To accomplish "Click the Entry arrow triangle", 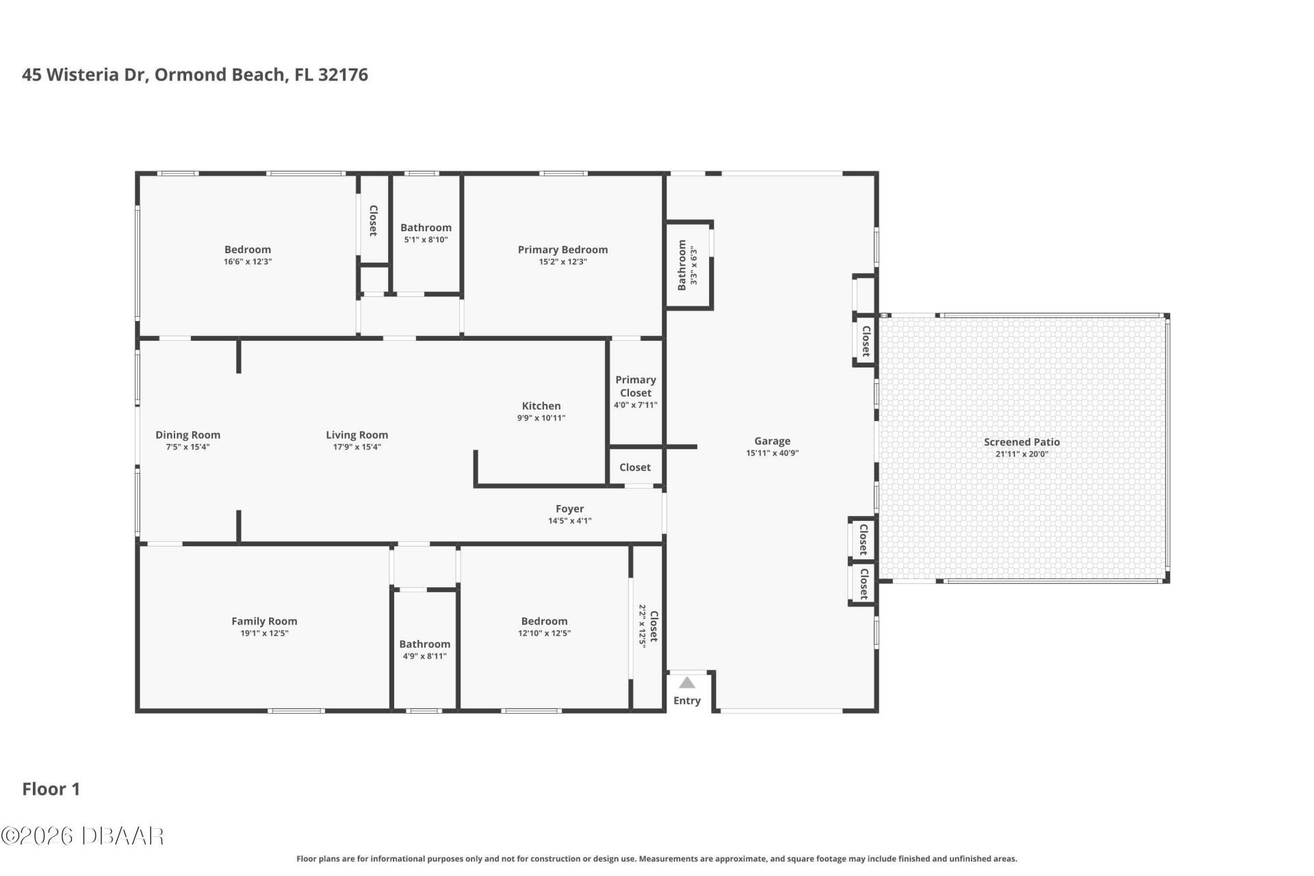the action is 687,682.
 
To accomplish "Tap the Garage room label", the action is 772,441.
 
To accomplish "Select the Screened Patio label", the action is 1022,442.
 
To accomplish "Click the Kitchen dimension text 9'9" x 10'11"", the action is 541,418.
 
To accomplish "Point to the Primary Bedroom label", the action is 563,250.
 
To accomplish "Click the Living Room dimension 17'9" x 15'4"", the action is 357,447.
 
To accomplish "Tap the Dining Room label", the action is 188,435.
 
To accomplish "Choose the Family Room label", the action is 264,621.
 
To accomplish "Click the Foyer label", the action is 569,509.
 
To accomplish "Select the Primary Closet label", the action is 636,386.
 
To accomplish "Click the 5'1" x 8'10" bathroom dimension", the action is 426,240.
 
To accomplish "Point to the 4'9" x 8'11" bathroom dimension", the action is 424,656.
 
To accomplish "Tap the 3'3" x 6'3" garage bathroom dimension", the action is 694,266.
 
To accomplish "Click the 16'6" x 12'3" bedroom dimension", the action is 248,261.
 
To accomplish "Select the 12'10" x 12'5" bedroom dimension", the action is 544,633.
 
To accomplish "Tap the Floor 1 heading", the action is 51,789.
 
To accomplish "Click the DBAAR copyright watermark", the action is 82,836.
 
